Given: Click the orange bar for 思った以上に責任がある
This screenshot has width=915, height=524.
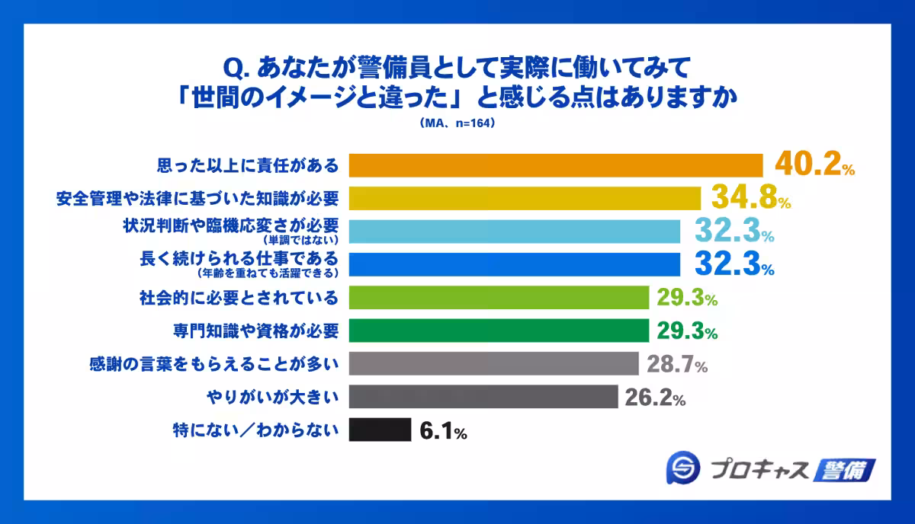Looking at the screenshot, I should pyautogui.click(x=555, y=165).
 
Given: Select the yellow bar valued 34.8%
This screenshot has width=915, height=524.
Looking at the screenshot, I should pyautogui.click(x=525, y=198).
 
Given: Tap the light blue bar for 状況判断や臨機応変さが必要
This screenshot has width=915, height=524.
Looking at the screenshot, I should pyautogui.click(x=514, y=231).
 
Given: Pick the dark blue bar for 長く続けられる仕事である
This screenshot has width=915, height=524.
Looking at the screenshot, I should pyautogui.click(x=514, y=264).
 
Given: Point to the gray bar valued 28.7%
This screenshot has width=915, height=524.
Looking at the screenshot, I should pyautogui.click(x=493, y=363).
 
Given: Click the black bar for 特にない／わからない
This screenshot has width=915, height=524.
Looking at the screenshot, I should pyautogui.click(x=380, y=430).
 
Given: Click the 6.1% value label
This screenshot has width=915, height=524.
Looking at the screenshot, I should pyautogui.click(x=443, y=432).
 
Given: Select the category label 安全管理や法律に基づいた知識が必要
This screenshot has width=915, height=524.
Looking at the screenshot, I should pyautogui.click(x=197, y=198).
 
